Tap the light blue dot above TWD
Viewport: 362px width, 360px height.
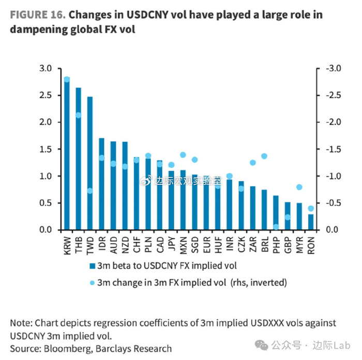click(90, 191)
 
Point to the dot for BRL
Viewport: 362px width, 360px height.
click(264, 156)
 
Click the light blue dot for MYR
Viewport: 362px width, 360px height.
click(299, 187)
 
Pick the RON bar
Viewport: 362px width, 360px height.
click(310, 222)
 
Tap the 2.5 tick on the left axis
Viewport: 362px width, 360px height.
click(47, 95)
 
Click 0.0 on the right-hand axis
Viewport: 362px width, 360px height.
click(328, 230)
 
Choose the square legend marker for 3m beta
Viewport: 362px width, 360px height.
click(92, 266)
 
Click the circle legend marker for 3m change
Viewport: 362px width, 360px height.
click(92, 283)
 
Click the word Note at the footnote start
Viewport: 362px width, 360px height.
click(21, 323)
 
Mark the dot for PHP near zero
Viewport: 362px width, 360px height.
click(276, 227)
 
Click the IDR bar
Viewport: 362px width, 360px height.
click(101, 184)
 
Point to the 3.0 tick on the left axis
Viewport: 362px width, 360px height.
click(47, 68)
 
